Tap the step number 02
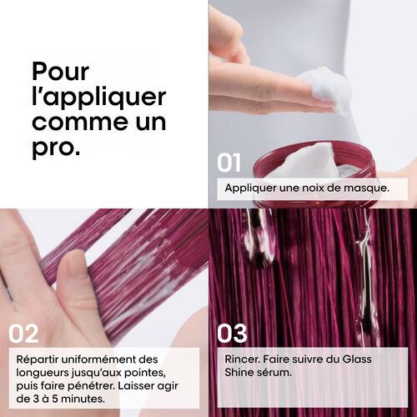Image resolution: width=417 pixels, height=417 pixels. [24, 334]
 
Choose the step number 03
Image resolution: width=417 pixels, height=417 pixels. [232, 334]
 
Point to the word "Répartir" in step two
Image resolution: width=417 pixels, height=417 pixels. [41, 359]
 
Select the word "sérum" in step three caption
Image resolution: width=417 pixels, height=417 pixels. [274, 373]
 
